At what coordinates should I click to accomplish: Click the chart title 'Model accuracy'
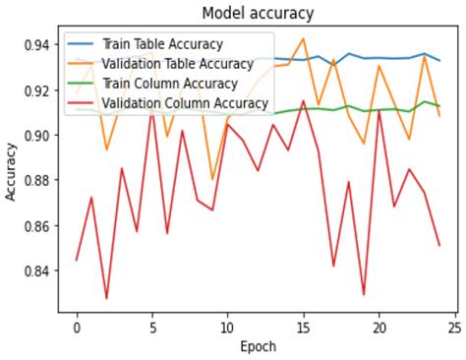(259, 13)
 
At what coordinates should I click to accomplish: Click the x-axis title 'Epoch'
(259, 346)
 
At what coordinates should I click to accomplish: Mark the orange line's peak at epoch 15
(303, 39)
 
